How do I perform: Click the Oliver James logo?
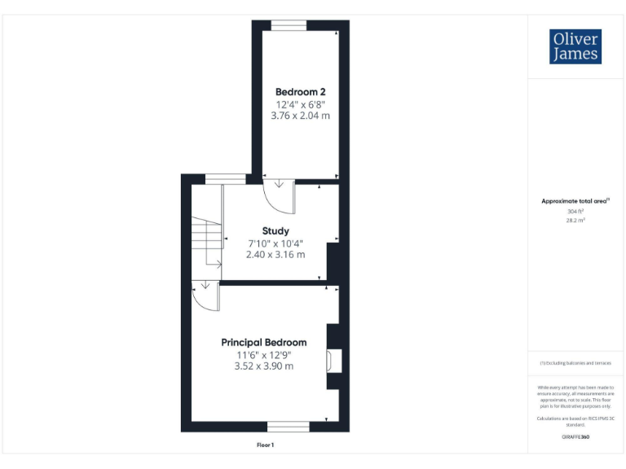(x=576, y=46)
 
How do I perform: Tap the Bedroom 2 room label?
(x=301, y=91)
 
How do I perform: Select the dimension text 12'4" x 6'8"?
(x=301, y=104)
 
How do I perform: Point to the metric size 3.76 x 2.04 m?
(x=301, y=116)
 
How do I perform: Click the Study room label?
(x=276, y=231)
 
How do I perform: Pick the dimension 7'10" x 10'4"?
(x=276, y=243)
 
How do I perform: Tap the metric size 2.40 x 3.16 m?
(x=276, y=255)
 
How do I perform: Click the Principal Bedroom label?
(x=264, y=343)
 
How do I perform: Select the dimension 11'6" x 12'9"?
(x=264, y=355)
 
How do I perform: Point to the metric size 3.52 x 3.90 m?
(x=264, y=366)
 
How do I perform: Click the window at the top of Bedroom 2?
(x=289, y=25)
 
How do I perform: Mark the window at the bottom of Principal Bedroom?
(x=289, y=426)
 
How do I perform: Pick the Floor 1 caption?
(x=265, y=445)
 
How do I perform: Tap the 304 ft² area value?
(x=575, y=212)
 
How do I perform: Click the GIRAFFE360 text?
(x=575, y=437)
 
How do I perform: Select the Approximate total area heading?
(x=575, y=201)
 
